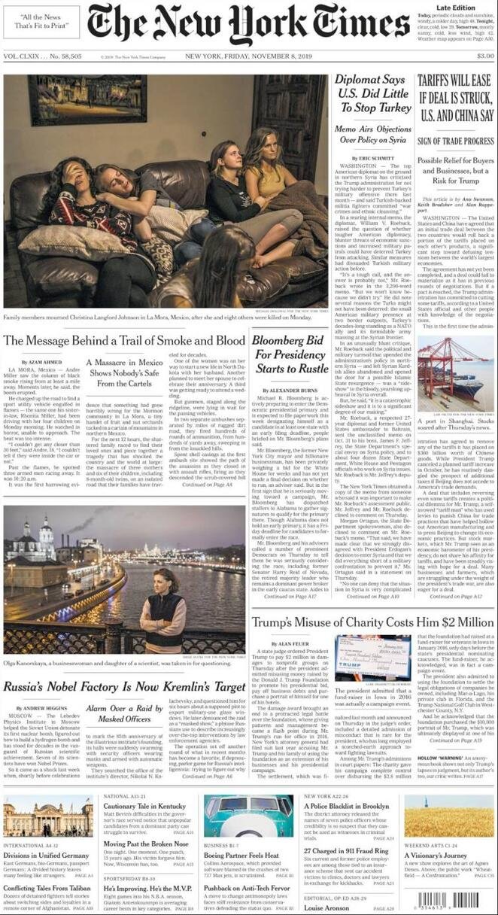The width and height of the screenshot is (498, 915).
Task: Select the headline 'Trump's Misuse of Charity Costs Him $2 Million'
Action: click(372, 622)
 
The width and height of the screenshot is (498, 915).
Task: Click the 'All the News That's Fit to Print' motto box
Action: click(41, 22)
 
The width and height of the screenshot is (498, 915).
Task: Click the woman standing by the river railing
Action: click(162, 610)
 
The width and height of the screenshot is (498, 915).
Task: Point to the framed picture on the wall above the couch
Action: click(89, 99)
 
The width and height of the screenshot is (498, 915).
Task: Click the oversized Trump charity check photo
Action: click(373, 659)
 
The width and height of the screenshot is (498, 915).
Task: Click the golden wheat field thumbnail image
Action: click(449, 816)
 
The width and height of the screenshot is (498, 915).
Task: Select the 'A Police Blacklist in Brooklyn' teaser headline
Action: click(346, 806)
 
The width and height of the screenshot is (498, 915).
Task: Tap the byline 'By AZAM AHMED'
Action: click(28, 363)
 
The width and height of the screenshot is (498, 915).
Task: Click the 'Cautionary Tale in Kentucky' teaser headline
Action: click(145, 806)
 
